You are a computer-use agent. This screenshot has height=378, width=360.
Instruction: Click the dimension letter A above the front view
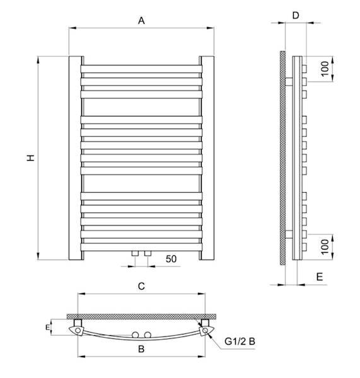click(x=142, y=21)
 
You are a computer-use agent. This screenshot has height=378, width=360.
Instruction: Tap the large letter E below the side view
click(x=320, y=276)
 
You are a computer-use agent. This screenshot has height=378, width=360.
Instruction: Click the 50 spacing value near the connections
click(x=170, y=259)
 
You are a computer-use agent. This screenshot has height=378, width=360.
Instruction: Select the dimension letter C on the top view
click(x=142, y=287)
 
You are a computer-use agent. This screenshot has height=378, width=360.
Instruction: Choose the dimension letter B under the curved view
click(x=142, y=348)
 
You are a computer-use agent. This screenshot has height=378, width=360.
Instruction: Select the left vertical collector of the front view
click(x=74, y=157)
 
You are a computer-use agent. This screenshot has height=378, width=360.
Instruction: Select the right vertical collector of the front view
click(x=208, y=157)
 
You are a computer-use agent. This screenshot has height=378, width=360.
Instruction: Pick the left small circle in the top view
click(x=135, y=334)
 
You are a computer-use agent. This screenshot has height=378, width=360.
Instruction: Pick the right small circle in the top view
click(x=148, y=334)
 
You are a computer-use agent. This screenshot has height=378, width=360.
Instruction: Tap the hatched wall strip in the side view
click(x=282, y=157)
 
